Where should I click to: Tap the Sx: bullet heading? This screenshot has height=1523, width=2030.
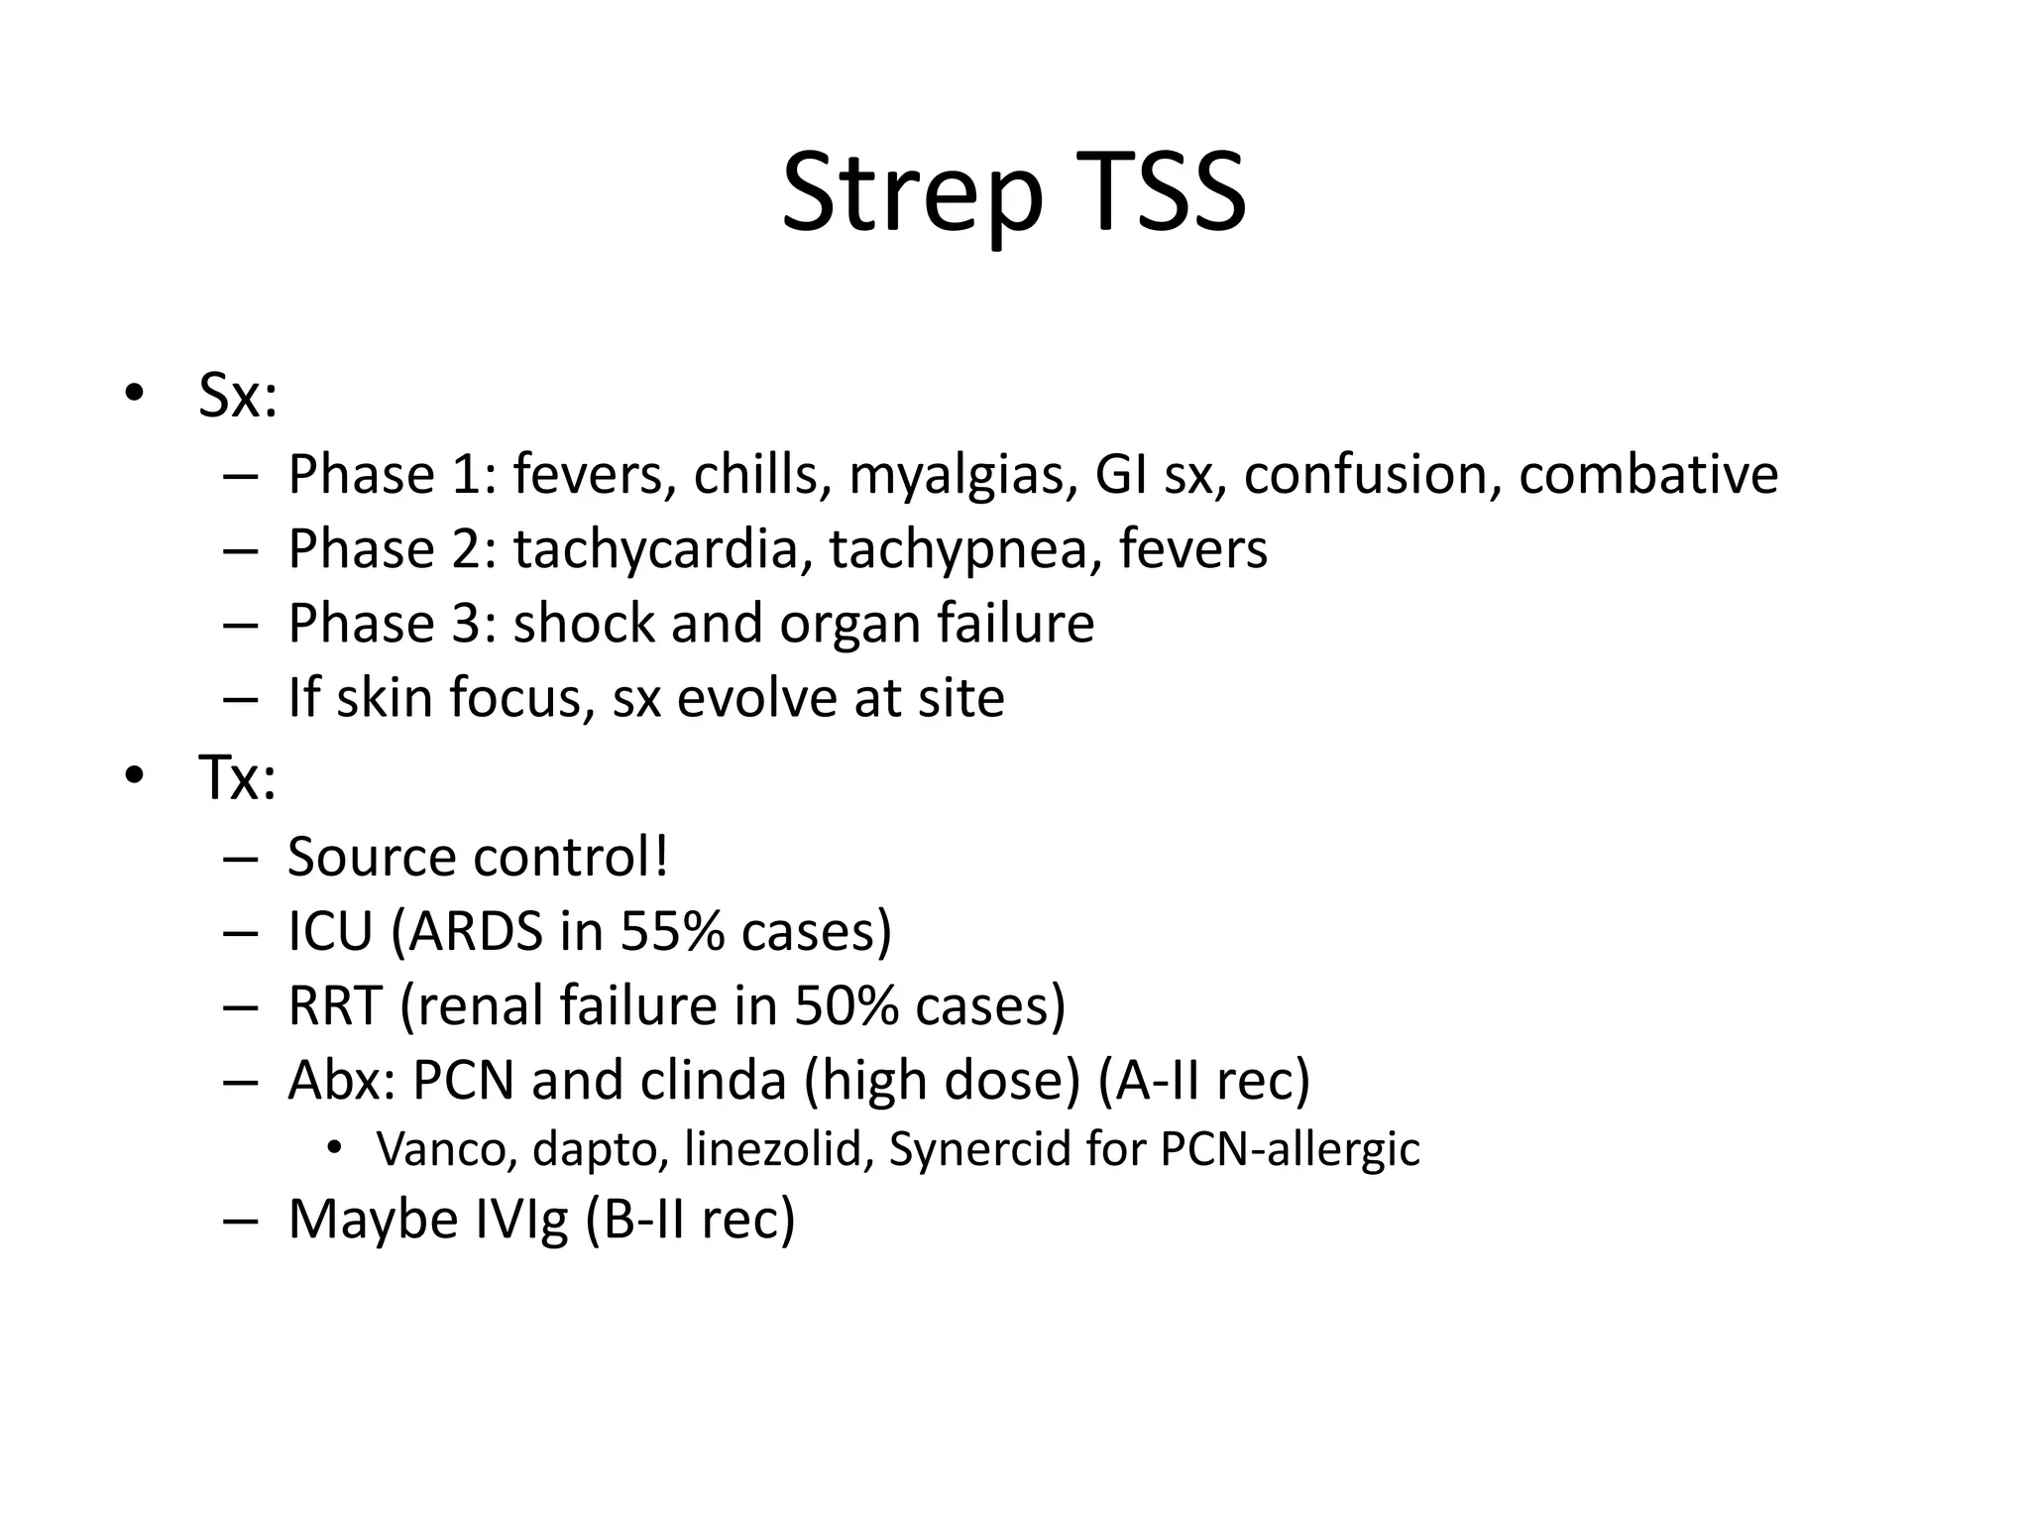click(238, 396)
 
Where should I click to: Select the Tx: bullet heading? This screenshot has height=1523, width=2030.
click(237, 777)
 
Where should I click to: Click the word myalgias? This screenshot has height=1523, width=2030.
click(962, 476)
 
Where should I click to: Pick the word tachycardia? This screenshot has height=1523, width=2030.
click(655, 549)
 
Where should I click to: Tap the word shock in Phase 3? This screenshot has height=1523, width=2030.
click(584, 624)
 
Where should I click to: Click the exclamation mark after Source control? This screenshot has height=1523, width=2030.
click(661, 856)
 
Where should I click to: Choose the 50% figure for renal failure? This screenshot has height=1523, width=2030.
click(846, 1005)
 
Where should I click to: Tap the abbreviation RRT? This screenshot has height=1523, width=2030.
click(335, 1005)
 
